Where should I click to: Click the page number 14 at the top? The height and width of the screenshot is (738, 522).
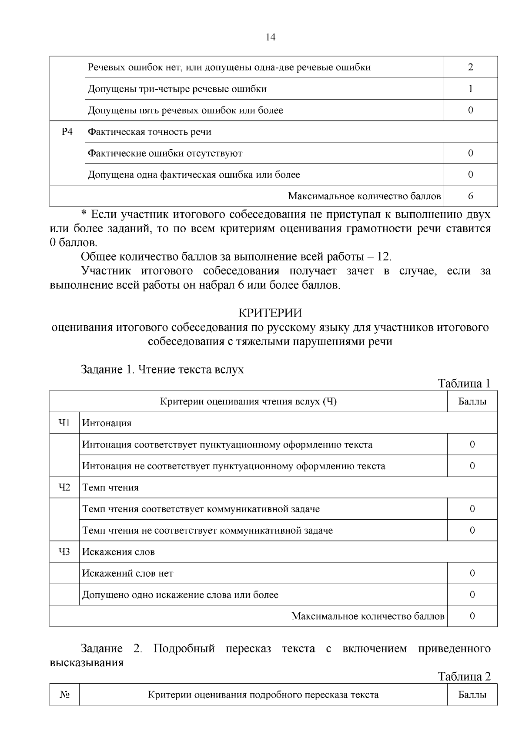(270, 37)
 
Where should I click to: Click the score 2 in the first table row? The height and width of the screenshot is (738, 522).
(471, 67)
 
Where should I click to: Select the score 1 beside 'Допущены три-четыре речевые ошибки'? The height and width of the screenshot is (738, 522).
(471, 89)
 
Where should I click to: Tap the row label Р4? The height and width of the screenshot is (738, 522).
(67, 131)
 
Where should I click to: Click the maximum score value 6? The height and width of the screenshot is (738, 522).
(471, 196)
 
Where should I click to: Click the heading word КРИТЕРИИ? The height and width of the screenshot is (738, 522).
(270, 313)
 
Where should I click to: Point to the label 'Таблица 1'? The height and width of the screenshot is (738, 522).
(464, 384)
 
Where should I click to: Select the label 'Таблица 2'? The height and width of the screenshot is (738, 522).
(464, 677)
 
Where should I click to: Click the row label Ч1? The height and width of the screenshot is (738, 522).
(64, 423)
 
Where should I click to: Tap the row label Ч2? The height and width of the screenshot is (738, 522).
(64, 487)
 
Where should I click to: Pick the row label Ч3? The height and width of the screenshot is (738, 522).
(64, 552)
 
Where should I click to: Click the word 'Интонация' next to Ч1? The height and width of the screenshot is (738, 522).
(107, 423)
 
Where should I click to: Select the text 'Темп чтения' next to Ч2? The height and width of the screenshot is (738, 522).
(110, 488)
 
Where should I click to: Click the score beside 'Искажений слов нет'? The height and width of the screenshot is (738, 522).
(472, 573)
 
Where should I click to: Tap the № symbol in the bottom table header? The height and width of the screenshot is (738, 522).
(64, 695)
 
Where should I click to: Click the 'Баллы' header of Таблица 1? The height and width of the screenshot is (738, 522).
(472, 401)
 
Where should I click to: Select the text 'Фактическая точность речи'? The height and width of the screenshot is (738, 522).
(150, 132)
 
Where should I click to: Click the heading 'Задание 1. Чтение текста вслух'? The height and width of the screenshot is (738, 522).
(162, 370)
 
